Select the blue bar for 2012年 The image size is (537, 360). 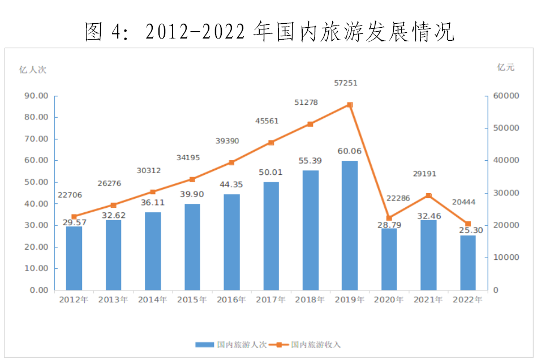point(74,258)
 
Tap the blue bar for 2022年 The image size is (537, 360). point(468,263)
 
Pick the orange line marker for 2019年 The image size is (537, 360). point(350,105)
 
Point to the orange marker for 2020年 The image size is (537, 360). point(389,218)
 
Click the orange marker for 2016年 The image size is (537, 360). point(231,162)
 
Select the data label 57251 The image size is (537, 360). point(346,83)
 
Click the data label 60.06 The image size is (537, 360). point(350,151)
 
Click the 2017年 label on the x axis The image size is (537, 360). point(270,299)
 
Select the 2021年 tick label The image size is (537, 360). point(428,299)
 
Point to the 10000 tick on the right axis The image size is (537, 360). point(504,258)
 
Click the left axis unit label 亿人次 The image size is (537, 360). point(33,70)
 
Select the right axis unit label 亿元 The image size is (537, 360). point(506,67)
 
